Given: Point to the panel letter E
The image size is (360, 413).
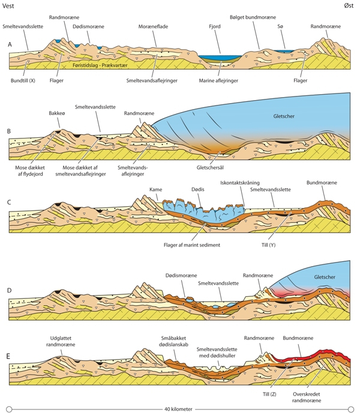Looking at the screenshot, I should pyautogui.click(x=10, y=355).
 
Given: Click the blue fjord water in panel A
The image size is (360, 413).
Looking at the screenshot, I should pyautogui.click(x=220, y=57).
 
